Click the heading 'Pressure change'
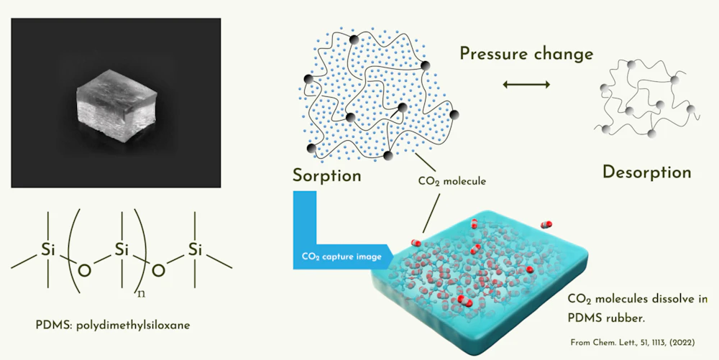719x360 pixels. [x=526, y=55]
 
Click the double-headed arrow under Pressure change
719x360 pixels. [x=526, y=84]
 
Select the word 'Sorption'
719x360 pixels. [x=327, y=175]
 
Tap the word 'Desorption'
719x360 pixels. [x=646, y=172]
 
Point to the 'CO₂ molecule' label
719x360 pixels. [x=452, y=181]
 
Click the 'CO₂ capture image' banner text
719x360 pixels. [x=342, y=257]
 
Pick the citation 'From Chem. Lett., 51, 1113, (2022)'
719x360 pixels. [x=632, y=342]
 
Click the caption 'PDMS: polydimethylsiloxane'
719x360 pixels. [x=113, y=326]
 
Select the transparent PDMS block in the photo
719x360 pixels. [x=116, y=104]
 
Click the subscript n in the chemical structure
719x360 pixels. [x=141, y=294]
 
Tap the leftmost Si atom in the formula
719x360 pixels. [x=48, y=249]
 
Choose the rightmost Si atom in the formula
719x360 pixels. [x=196, y=249]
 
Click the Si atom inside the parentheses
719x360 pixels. [x=122, y=249]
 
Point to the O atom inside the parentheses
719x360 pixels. [x=85, y=272]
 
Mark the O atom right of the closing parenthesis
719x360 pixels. [x=158, y=272]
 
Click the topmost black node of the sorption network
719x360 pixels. [x=354, y=40]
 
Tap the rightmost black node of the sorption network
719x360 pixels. [x=454, y=114]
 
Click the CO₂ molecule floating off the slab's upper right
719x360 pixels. [x=546, y=224]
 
